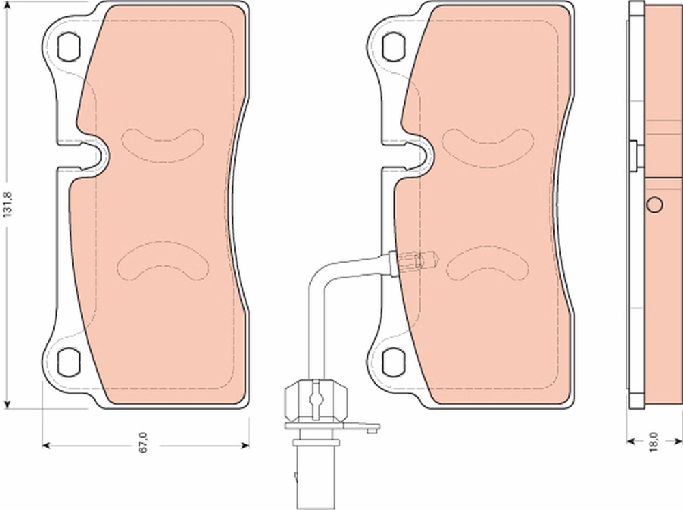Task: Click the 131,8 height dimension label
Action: pyautogui.click(x=8, y=203)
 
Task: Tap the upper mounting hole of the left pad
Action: pyautogui.click(x=68, y=46)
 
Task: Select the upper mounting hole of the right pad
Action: pyautogui.click(x=394, y=46)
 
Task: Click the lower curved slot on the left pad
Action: pyautogui.click(x=163, y=263)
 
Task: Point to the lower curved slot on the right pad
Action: pyautogui.click(x=486, y=263)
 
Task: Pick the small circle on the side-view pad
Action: pyautogui.click(x=654, y=204)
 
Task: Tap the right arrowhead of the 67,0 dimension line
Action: pyautogui.click(x=245, y=446)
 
